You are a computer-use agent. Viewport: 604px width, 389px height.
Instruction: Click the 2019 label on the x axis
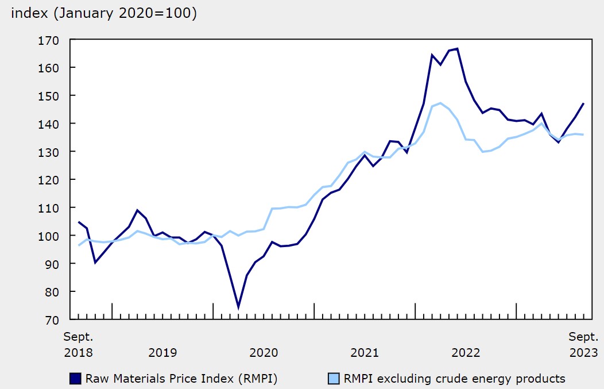[x=162, y=352]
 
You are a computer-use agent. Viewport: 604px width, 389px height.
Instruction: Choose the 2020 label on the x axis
[x=264, y=352]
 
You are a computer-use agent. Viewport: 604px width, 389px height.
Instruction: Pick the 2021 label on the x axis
[x=365, y=352]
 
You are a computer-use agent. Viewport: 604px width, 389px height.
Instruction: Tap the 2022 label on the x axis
[x=466, y=352]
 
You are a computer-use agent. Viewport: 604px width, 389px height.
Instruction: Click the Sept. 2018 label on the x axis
[x=78, y=344]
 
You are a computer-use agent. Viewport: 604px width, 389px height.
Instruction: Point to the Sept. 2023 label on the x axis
[x=583, y=344]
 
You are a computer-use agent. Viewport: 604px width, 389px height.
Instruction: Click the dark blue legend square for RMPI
[x=75, y=378]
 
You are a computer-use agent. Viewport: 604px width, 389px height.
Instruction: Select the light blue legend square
[x=334, y=378]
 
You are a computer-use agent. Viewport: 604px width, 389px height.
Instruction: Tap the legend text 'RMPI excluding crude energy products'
[x=454, y=378]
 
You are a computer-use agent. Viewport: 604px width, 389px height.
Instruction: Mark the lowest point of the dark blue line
[x=238, y=308]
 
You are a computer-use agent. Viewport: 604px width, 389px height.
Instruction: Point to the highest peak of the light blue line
[x=440, y=103]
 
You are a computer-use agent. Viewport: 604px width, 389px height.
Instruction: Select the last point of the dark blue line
[x=583, y=104]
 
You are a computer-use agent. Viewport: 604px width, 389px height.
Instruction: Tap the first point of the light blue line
[x=79, y=245]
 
